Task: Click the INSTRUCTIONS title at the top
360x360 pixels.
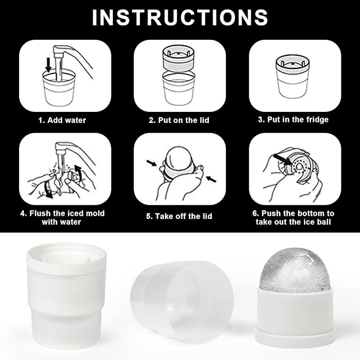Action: [x=180, y=17]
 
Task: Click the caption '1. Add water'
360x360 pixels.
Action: [x=62, y=120]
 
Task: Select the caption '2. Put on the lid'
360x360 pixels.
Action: [x=179, y=120]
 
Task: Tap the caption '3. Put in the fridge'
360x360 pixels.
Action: [x=293, y=120]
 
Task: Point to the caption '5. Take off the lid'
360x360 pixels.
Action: [x=180, y=216]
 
